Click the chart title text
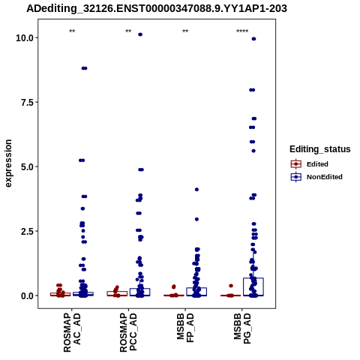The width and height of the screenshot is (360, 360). click(x=157, y=9)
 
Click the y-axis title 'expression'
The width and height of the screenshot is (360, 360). click(x=8, y=163)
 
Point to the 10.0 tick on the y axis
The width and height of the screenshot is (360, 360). click(x=25, y=38)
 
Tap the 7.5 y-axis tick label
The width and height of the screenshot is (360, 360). click(x=27, y=102)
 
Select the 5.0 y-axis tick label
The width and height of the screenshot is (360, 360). click(x=27, y=166)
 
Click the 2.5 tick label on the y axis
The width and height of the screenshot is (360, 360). click(x=27, y=231)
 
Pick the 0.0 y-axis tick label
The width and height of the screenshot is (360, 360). click(x=27, y=296)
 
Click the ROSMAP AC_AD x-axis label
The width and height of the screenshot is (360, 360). click(x=72, y=332)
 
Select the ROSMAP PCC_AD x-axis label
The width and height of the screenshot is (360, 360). click(x=128, y=332)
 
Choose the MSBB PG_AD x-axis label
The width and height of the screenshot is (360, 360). click(x=242, y=328)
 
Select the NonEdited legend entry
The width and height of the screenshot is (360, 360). click(x=316, y=177)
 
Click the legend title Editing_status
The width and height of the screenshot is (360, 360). click(x=320, y=149)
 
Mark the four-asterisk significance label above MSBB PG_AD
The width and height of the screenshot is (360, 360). click(x=242, y=31)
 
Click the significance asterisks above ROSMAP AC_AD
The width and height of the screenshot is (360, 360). click(x=72, y=31)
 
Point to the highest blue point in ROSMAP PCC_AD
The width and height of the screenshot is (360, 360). click(x=140, y=34)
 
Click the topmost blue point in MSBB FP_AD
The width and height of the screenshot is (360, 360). click(x=196, y=190)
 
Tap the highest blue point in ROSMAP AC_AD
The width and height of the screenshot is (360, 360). click(x=85, y=68)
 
